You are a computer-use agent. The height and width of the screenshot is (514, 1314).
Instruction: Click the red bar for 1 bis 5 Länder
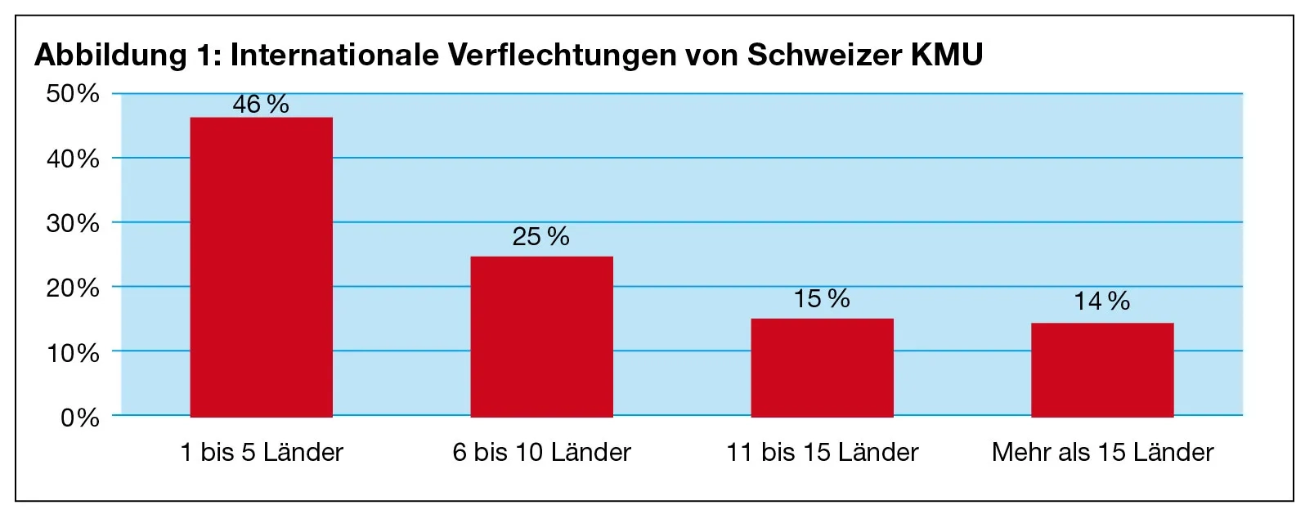coord(261,267)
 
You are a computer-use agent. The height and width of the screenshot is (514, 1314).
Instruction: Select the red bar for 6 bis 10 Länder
coord(541,337)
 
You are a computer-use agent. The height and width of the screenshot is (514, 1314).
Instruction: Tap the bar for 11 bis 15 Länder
coord(822,368)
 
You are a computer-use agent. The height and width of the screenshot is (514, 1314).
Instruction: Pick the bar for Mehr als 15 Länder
coord(1101,370)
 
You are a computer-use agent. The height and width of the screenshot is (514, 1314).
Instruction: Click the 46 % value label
coord(261,105)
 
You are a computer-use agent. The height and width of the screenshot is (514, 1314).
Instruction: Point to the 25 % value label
coord(540,237)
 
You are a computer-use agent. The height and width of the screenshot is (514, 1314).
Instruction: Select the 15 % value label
coord(822,299)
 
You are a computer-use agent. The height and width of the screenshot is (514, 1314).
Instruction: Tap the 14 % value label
coord(1101,302)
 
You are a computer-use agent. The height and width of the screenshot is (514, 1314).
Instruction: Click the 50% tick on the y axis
coord(73,93)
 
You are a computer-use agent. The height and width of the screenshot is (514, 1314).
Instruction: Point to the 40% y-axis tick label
coord(73,159)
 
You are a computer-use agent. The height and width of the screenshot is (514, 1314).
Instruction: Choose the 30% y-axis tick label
coord(73,223)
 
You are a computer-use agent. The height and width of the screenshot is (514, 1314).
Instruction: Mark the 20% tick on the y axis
coord(73,288)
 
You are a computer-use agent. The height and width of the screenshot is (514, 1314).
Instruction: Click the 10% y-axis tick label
coord(73,353)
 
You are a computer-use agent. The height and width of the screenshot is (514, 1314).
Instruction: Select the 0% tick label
coord(79,418)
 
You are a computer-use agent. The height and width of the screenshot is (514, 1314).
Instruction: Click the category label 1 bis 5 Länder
coord(262,452)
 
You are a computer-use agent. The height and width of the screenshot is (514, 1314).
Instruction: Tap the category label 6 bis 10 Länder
coord(541,452)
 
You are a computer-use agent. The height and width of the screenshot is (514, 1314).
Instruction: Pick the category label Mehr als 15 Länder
coord(1102,452)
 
